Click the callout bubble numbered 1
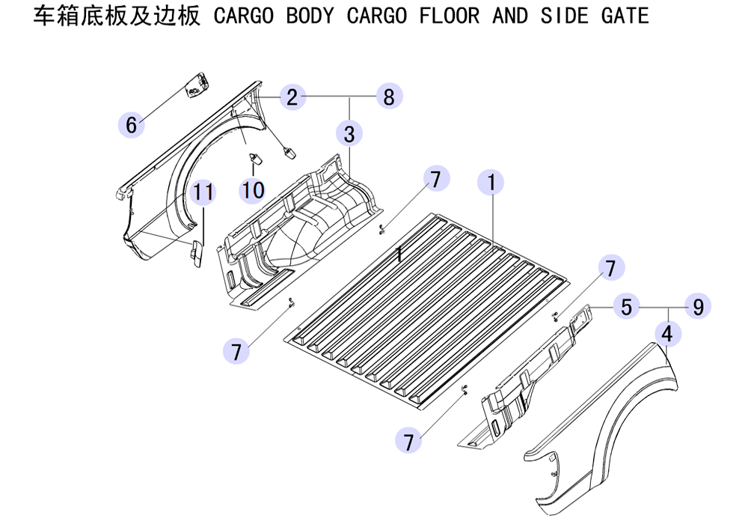pos(491,182)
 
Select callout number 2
pos(292,97)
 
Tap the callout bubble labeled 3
pos(349,134)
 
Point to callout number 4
pos(667,334)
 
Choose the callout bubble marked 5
pos(626,307)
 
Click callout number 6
pos(131,125)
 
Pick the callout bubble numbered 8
pos(389,96)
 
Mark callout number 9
pos(698,307)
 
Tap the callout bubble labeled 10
pos(252,190)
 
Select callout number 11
pos(203,192)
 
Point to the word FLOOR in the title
pos(450,16)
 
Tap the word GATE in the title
pos(625,16)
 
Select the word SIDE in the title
pos(564,16)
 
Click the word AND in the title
pos(510,16)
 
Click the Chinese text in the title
pos(117,16)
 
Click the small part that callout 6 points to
pos(197,86)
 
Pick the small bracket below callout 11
pos(196,253)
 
